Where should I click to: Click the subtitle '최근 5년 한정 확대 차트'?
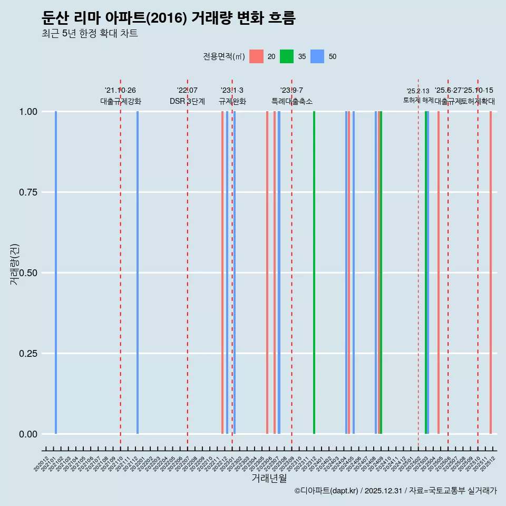coord(90,34)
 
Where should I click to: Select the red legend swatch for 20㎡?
coord(256,56)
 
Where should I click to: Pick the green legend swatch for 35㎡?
coord(287,56)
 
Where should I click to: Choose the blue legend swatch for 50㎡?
coord(317,56)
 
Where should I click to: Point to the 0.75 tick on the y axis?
coord(28,192)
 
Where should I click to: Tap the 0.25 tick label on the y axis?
coord(28,354)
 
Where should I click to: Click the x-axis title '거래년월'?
coord(269,478)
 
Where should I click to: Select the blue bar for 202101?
coord(56,273)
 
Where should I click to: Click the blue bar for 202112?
coord(138,273)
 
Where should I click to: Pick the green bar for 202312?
coord(314,273)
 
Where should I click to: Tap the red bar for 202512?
coord(491,273)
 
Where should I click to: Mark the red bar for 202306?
coord(267,273)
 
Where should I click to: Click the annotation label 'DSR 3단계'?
coord(187,101)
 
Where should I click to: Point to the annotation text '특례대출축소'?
coord(291,101)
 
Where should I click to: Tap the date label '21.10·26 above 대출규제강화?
coord(120,91)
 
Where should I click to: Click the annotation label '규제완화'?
coord(232,101)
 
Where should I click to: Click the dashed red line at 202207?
coord(188,264)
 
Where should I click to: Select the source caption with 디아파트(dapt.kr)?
coord(395,491)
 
